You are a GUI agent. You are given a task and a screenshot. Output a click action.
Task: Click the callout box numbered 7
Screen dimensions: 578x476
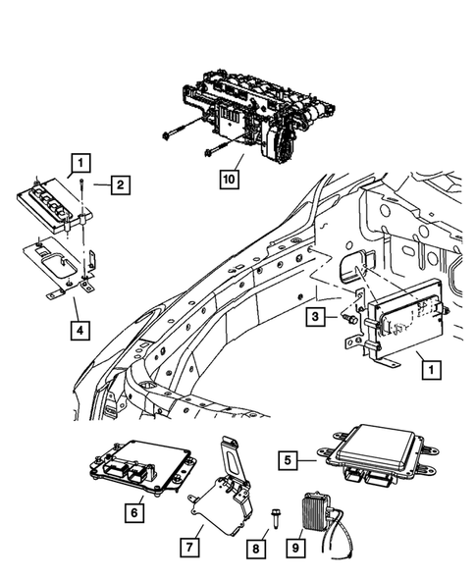tap(190, 543)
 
